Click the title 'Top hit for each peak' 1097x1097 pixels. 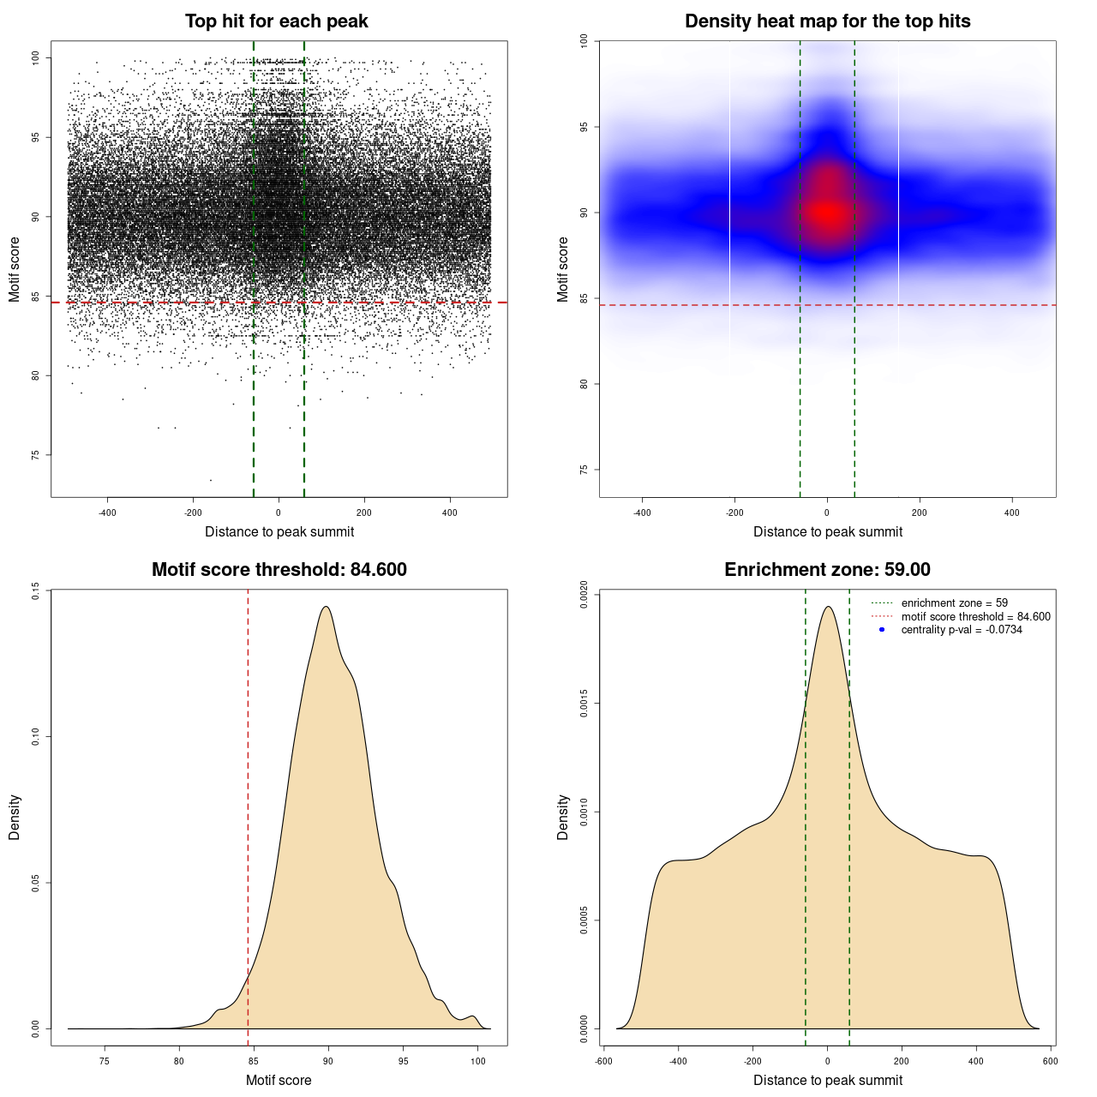(x=276, y=21)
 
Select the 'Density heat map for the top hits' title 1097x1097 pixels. (x=827, y=21)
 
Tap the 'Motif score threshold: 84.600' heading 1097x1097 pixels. (x=279, y=570)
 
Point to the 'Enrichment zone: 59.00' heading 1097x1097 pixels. (x=827, y=570)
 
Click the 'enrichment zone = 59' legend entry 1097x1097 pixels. (x=954, y=603)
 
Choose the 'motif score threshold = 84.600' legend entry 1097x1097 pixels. (x=975, y=617)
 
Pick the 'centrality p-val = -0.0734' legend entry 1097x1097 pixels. (x=962, y=630)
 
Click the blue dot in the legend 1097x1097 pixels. (x=882, y=630)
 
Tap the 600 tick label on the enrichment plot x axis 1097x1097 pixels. (x=1050, y=1061)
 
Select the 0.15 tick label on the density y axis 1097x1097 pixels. (x=35, y=590)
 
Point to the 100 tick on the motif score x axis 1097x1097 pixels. (x=478, y=1061)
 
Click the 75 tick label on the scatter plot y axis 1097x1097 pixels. (x=35, y=455)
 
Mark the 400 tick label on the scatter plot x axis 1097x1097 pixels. (x=450, y=513)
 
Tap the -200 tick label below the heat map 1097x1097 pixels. (x=734, y=513)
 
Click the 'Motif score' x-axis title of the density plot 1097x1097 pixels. (x=279, y=1080)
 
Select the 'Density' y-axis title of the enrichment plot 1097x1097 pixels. (x=563, y=817)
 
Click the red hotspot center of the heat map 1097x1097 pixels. (x=827, y=213)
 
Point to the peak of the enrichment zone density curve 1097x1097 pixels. (x=828, y=607)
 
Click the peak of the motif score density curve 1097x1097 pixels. (x=326, y=607)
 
